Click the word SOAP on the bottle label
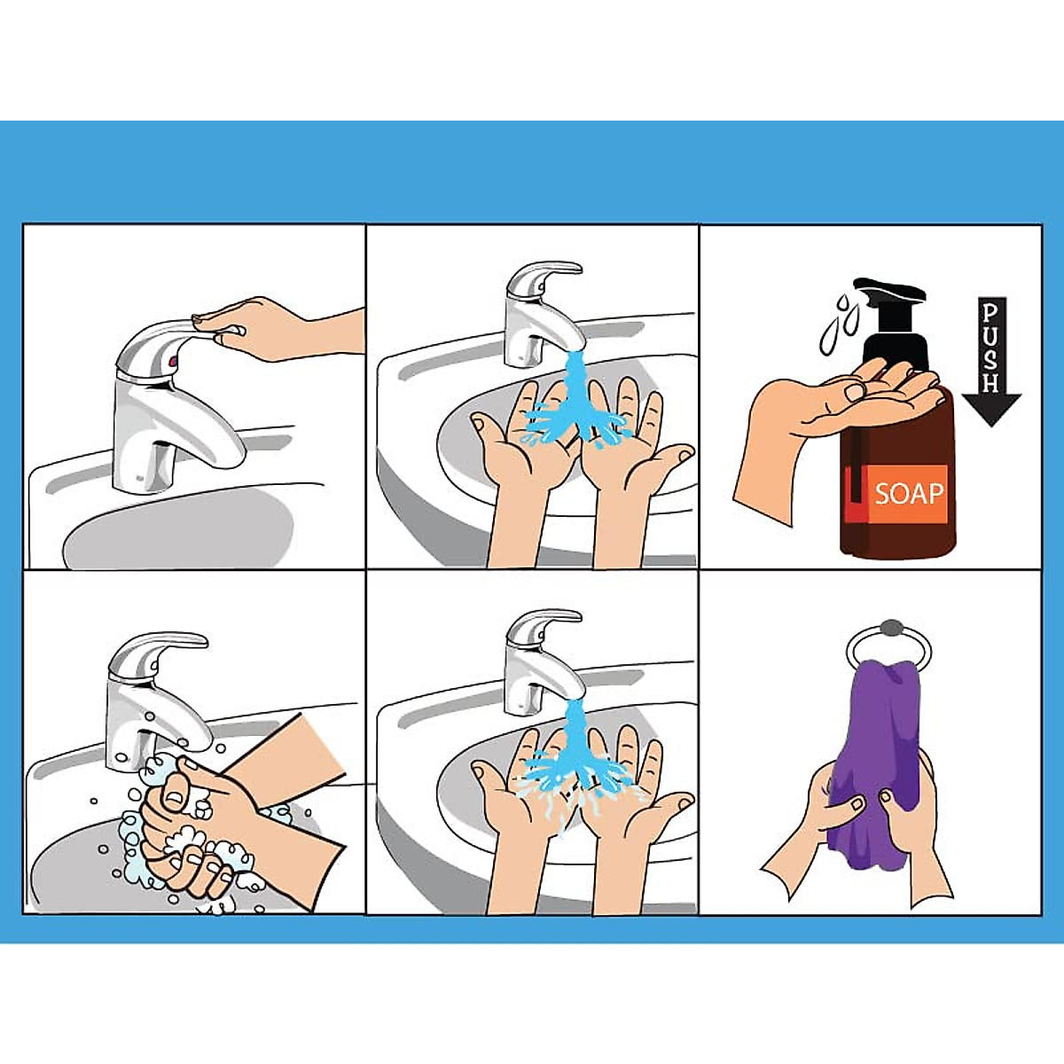(x=910, y=492)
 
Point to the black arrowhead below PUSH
(x=991, y=410)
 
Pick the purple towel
(x=873, y=745)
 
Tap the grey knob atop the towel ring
(x=888, y=628)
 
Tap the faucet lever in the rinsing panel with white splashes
(x=545, y=621)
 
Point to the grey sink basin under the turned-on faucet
(x=177, y=532)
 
